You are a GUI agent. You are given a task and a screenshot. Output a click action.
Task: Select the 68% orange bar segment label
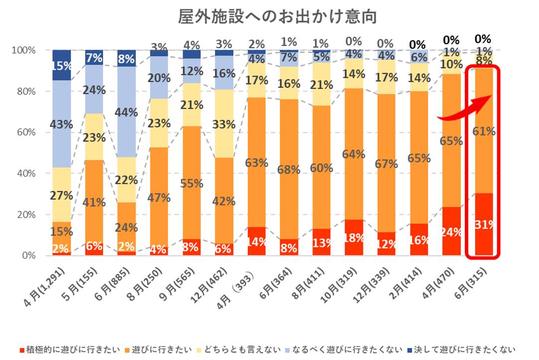click(x=289, y=169)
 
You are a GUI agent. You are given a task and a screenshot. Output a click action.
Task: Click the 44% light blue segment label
click(x=126, y=112)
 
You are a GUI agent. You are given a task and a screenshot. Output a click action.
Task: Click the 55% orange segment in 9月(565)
click(x=192, y=183)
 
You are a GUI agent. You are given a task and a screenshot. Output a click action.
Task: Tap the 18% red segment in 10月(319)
click(x=354, y=237)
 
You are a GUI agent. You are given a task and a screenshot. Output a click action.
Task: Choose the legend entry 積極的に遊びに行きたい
click(x=73, y=350)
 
